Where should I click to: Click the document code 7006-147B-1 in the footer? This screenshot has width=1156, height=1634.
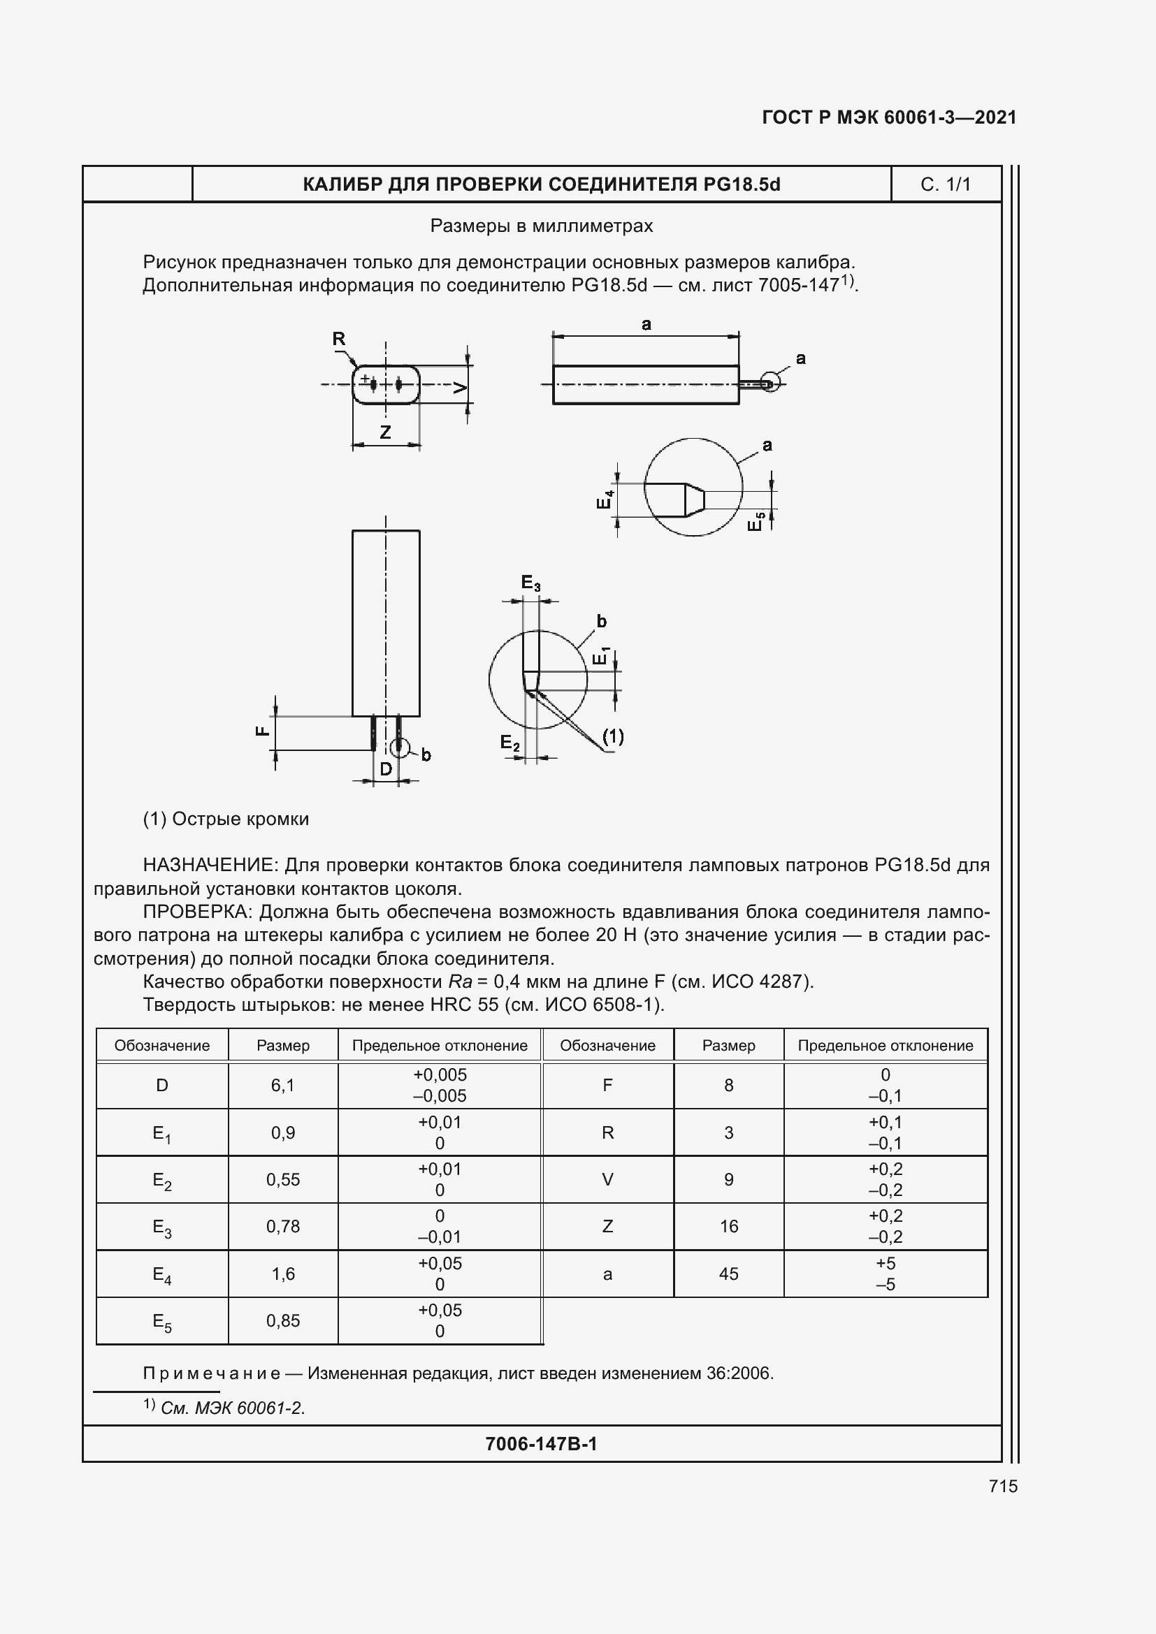click(541, 1444)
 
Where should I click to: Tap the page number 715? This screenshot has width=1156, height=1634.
click(1002, 1486)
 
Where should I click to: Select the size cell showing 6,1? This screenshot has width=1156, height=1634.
click(282, 1086)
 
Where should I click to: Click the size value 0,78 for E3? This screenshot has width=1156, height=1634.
click(282, 1226)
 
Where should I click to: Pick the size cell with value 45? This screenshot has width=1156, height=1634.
click(728, 1274)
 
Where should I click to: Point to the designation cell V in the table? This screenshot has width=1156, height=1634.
click(607, 1179)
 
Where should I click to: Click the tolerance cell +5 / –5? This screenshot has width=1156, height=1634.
click(885, 1274)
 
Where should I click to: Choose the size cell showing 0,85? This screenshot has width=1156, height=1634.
click(282, 1321)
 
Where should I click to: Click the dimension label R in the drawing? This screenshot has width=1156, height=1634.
click(339, 340)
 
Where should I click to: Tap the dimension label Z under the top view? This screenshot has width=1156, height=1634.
click(385, 432)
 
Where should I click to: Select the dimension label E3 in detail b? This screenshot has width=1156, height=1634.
click(530, 583)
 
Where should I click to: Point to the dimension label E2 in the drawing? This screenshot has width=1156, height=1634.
click(510, 743)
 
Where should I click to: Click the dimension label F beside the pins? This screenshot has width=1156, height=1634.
click(263, 731)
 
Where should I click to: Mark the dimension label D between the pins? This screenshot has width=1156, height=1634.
click(385, 769)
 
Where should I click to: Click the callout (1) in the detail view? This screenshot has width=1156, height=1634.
click(613, 736)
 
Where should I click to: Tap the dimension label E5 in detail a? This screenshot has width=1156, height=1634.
click(756, 522)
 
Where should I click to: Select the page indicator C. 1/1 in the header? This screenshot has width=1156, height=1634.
click(945, 185)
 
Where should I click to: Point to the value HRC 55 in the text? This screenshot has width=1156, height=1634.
click(460, 1005)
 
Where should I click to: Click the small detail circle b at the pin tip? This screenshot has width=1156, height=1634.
click(400, 747)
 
